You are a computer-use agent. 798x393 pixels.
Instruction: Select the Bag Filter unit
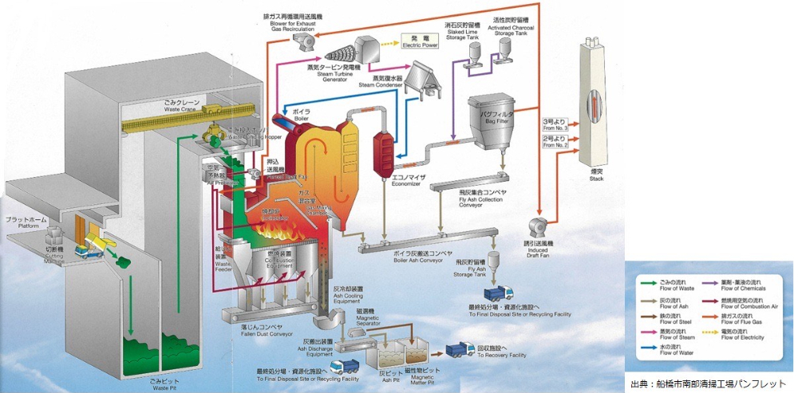tap(488, 124)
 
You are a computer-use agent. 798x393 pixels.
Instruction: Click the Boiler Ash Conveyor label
tap(424, 258)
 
